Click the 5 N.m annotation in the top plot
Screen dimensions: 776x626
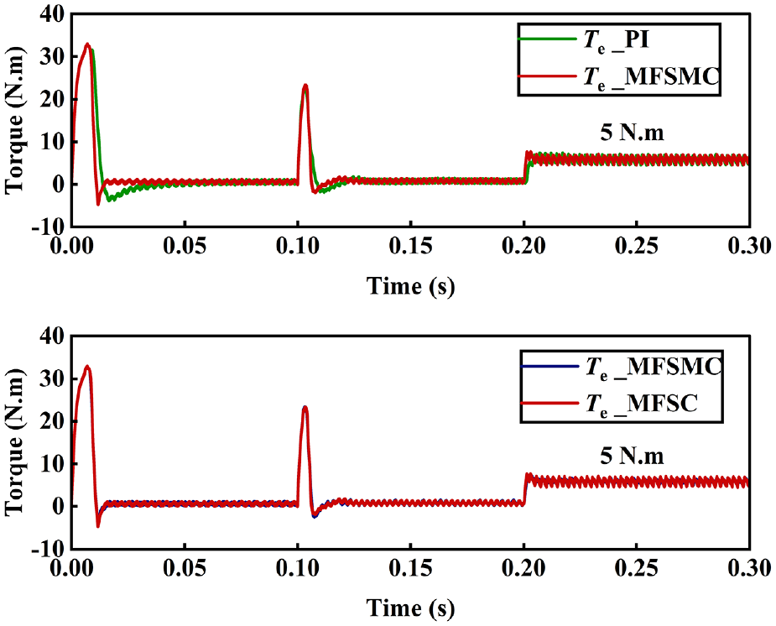pos(632,133)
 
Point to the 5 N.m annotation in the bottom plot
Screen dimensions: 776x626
pos(632,456)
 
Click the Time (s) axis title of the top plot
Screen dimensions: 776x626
pos(410,286)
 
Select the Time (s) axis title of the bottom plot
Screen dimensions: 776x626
pos(410,608)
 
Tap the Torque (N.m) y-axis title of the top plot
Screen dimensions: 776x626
pos(14,120)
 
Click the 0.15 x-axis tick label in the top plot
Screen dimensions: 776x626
pos(410,246)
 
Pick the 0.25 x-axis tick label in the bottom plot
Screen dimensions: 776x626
pos(637,567)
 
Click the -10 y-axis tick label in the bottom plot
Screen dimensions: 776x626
pos(48,549)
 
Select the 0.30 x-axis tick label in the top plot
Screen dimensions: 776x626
pos(749,246)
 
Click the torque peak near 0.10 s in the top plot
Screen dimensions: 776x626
pos(305,86)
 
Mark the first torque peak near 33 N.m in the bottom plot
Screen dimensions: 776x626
pos(87,367)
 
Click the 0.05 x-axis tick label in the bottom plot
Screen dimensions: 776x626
pos(185,567)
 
